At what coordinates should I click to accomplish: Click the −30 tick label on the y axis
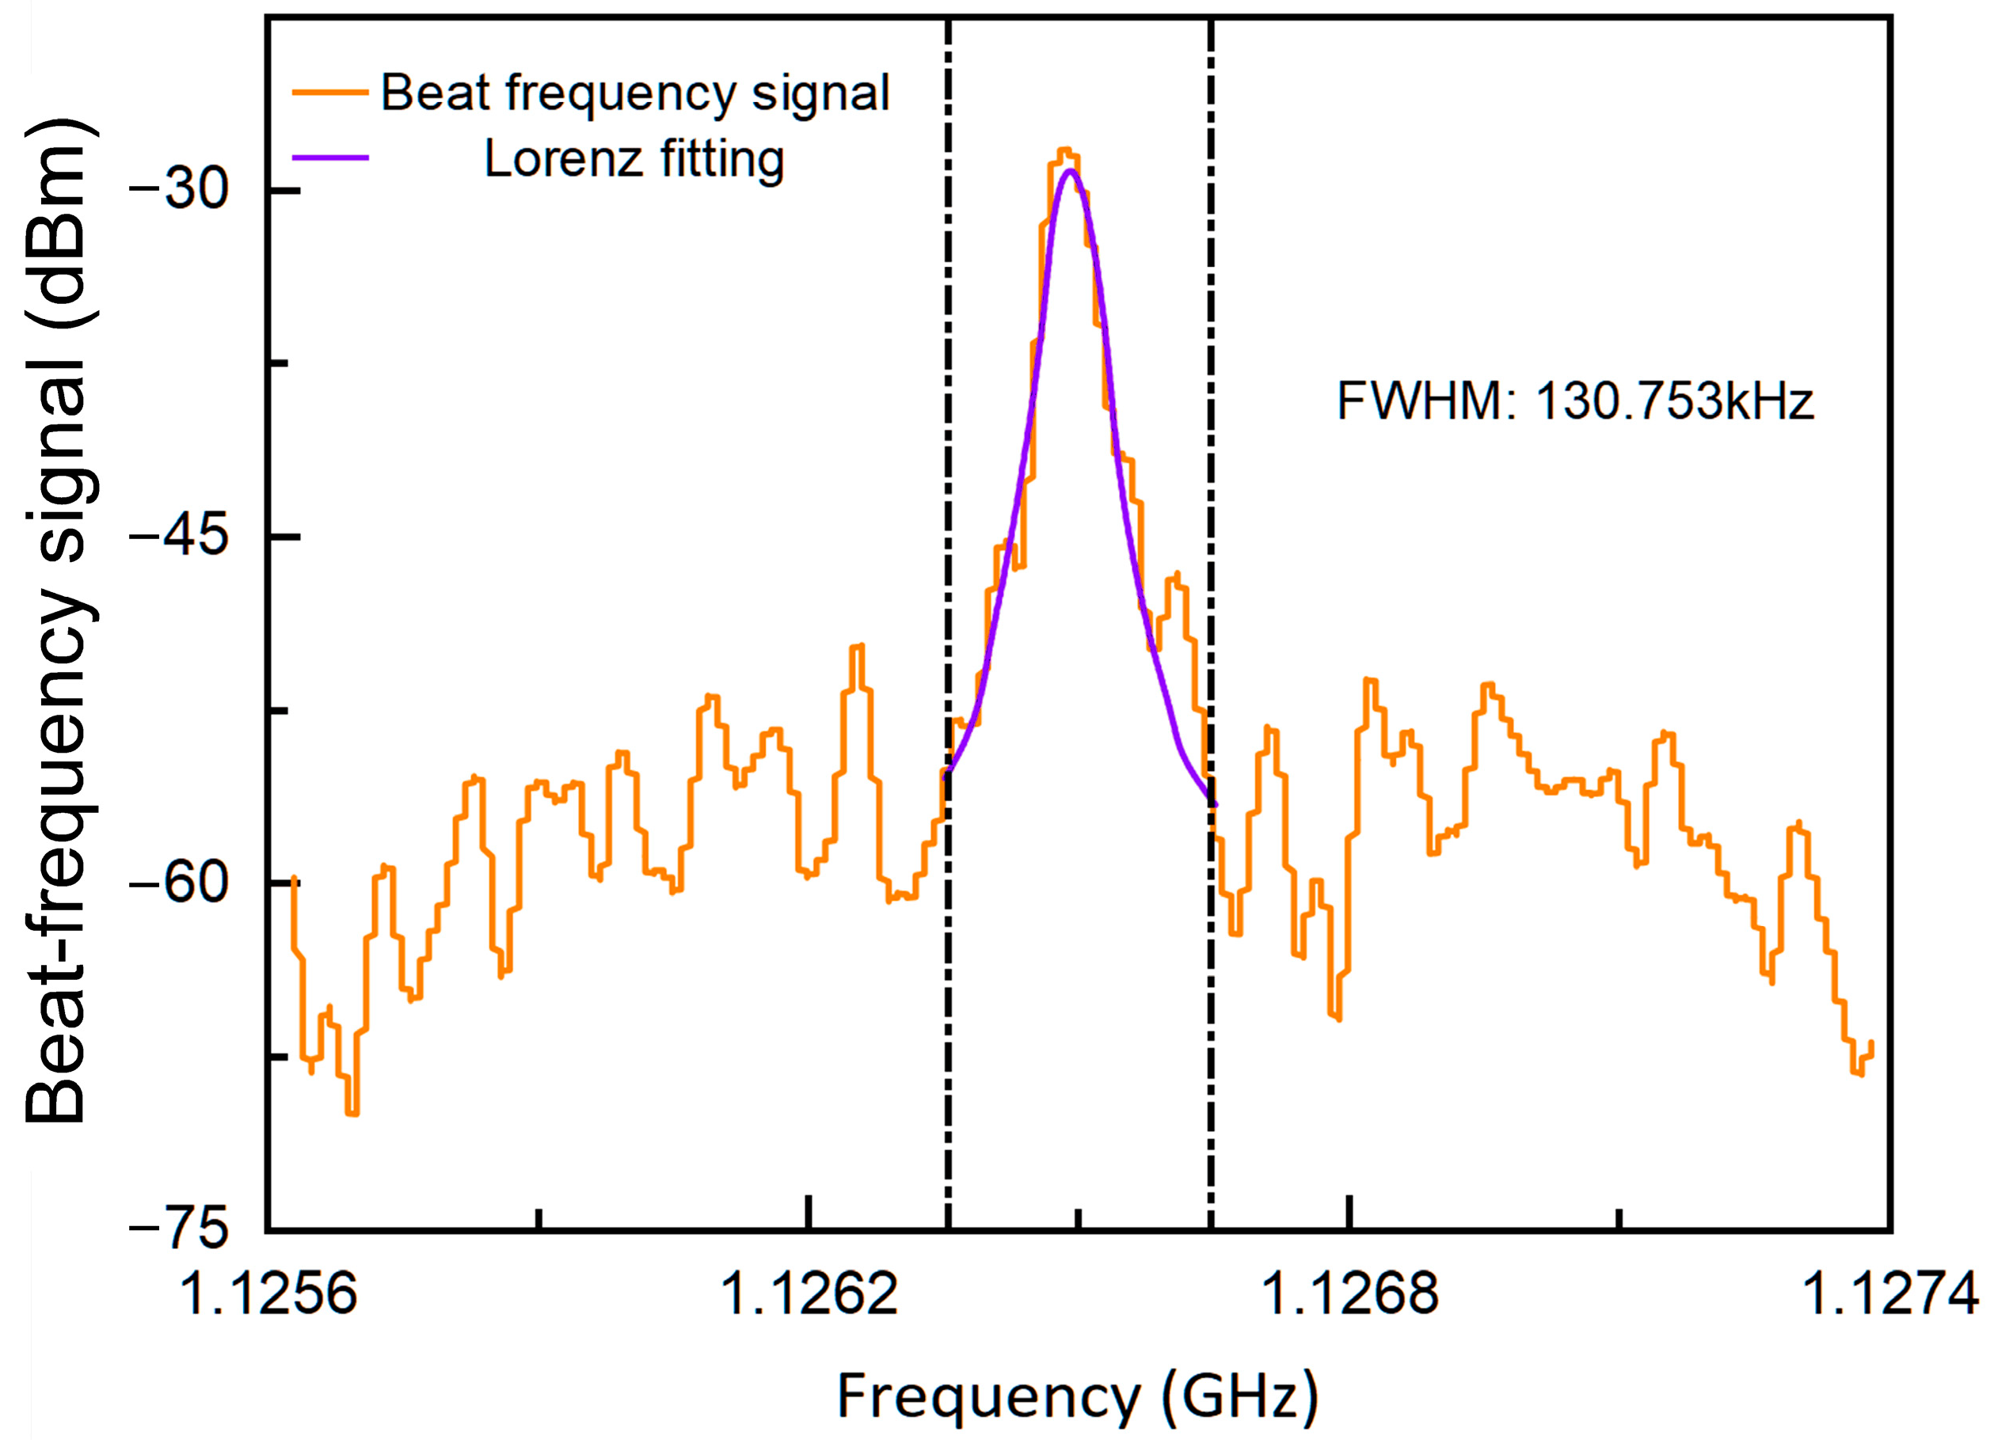(x=178, y=188)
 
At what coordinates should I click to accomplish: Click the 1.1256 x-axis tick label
(x=268, y=1294)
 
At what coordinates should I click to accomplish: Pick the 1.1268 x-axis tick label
(x=1349, y=1294)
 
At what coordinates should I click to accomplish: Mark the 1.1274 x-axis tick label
(x=1890, y=1294)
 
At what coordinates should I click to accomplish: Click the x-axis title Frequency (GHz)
(x=1078, y=1397)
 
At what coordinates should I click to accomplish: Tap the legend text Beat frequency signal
(x=635, y=93)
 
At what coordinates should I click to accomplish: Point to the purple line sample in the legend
(x=329, y=158)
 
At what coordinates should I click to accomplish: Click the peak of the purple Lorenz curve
(x=1069, y=170)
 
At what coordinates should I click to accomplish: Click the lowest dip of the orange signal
(x=352, y=1114)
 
